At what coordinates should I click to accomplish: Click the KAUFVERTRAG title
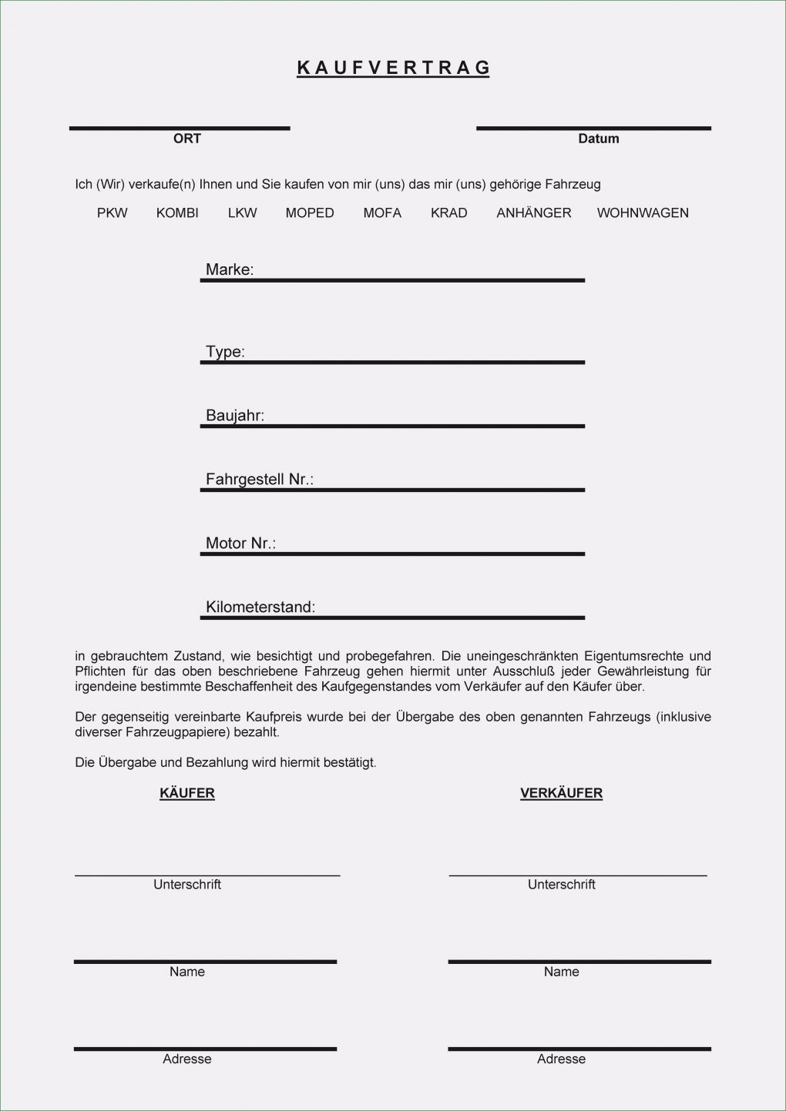394,68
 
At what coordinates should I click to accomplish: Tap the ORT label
187,139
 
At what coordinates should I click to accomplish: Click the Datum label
599,139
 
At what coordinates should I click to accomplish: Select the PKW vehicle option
113,213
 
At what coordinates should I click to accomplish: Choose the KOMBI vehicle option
177,213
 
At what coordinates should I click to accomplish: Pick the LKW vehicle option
242,213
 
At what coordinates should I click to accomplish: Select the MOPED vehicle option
310,213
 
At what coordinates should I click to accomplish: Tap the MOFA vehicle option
382,213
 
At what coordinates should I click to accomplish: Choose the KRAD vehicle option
449,213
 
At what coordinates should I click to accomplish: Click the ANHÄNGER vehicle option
534,213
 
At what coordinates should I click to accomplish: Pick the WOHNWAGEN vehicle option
643,213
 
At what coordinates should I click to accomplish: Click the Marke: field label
230,269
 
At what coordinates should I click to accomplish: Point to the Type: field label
225,352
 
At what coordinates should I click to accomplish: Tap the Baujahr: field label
235,416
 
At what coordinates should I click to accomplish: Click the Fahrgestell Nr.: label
260,480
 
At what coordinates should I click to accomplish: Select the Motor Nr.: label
240,544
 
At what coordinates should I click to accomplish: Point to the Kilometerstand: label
260,607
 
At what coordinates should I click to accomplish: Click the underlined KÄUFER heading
187,793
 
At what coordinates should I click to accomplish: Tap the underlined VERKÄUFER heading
561,793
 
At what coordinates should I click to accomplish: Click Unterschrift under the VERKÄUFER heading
561,885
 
